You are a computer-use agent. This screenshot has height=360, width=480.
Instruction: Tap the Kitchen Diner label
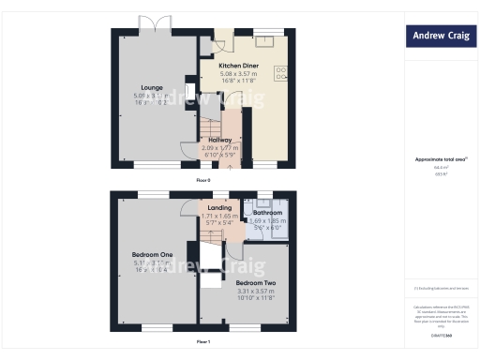[x=238, y=67]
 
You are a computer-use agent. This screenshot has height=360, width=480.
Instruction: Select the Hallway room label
[x=219, y=141]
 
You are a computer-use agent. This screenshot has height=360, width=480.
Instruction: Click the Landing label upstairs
[x=219, y=207]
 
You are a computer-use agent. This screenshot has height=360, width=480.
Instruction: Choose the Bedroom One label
[x=152, y=255]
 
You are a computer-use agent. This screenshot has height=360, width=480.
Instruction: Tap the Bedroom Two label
[x=255, y=282]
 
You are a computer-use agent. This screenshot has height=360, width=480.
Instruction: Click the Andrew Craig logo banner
[x=440, y=37]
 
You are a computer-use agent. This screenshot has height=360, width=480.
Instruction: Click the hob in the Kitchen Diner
[x=280, y=74]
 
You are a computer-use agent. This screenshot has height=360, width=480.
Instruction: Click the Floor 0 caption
[x=203, y=179]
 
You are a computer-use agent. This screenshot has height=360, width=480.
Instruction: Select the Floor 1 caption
[x=203, y=343]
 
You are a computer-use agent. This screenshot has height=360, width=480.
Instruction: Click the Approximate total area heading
[x=440, y=159]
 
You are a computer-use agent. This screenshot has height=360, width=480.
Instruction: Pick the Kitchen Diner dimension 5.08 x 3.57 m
[x=238, y=74]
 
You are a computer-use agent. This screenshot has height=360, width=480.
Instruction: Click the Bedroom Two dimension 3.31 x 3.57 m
[x=255, y=291]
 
